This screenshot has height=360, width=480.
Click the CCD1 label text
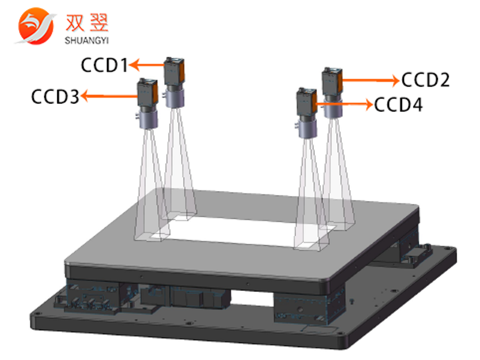pos(104,66)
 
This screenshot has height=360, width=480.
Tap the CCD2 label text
pos(426,80)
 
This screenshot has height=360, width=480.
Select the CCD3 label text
pos(55,97)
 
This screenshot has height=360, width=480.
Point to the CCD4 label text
pos(399,104)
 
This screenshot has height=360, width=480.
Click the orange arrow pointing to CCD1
pos(146,66)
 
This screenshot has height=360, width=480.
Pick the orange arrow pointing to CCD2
pos(370,80)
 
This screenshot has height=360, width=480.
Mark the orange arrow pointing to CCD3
pos(109,97)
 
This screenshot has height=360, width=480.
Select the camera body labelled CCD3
pos(147,93)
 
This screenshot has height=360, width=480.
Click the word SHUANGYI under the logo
pos(86,39)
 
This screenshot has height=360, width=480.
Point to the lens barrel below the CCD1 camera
pos(174,98)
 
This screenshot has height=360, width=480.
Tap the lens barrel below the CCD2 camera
pos(333,108)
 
